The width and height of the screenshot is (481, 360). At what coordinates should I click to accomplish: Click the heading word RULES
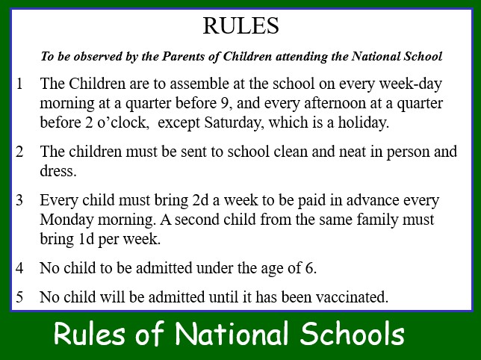tap(241, 25)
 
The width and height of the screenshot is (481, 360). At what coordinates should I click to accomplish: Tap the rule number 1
tap(19, 84)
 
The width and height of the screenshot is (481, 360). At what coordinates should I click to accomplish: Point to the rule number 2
tap(19, 152)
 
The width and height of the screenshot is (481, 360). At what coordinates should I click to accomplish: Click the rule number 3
tap(19, 200)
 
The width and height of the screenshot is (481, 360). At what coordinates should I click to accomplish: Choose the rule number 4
tap(19, 268)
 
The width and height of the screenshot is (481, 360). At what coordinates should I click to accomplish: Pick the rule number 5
tap(19, 297)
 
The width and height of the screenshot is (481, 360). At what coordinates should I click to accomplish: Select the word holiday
tap(364, 122)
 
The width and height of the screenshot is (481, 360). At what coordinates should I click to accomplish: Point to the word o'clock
tap(123, 122)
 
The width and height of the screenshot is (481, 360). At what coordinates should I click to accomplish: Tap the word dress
tap(58, 171)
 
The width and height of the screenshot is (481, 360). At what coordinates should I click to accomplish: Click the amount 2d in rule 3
tap(200, 200)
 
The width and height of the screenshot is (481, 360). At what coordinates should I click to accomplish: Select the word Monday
tap(66, 220)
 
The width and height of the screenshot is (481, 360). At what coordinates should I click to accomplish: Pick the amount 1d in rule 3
tap(86, 239)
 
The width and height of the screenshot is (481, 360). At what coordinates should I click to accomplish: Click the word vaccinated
tap(353, 297)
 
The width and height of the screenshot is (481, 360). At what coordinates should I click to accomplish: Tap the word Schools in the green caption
tap(353, 333)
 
